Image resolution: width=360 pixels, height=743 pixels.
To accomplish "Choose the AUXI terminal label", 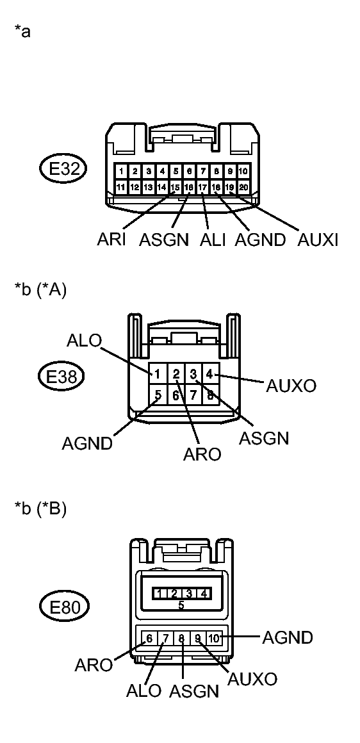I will point(318,240).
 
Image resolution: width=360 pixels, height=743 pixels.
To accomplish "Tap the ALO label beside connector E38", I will point(84,341).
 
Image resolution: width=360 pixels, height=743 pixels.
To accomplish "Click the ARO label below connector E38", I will point(202,454).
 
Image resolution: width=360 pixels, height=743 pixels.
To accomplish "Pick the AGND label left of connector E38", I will point(88,443).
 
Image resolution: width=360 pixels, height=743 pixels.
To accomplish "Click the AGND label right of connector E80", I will point(287,637).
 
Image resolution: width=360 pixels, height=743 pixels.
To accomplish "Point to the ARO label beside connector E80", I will point(94,664).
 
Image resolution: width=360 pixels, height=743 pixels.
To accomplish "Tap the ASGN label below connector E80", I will point(195,692).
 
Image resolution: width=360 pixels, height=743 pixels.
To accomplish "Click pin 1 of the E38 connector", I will point(157,371).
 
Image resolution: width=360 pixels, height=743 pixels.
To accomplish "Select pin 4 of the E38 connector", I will point(209,371).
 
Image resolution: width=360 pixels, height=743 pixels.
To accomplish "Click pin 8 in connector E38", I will point(209,395).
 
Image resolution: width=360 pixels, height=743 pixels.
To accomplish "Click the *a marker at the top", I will point(22,32).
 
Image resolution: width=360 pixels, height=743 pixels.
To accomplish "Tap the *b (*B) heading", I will point(40,510).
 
